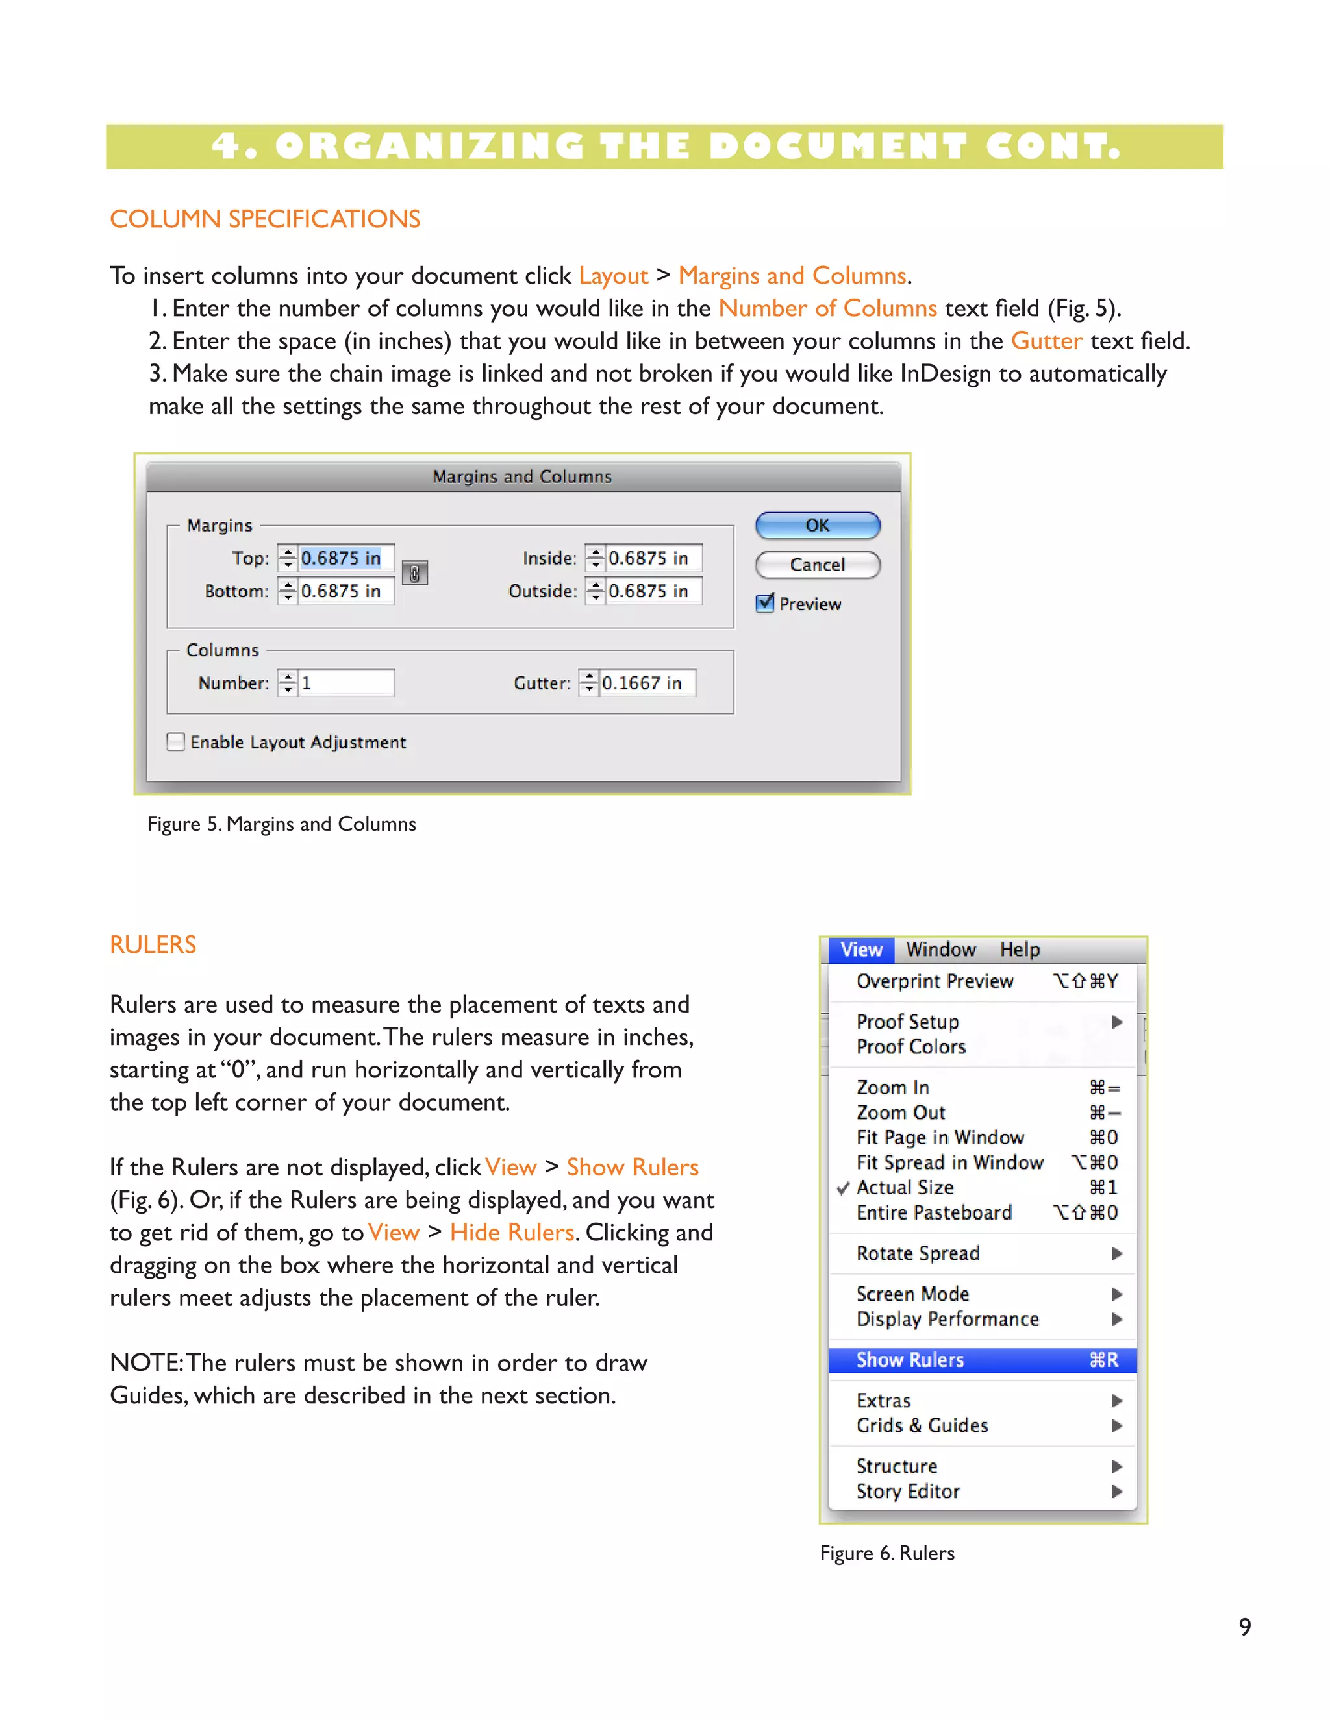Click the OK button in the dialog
tap(817, 525)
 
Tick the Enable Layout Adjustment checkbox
tap(177, 742)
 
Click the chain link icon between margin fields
tap(414, 573)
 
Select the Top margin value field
tap(344, 558)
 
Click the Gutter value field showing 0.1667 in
tap(646, 683)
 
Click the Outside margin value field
tap(653, 591)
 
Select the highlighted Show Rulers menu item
tap(982, 1360)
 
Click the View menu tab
tap(861, 950)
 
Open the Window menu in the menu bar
tap(941, 950)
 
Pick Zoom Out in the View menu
tap(901, 1112)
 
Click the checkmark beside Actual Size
tap(843, 1188)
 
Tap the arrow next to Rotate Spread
tap(1116, 1253)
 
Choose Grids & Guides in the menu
tap(922, 1425)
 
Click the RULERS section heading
tap(153, 944)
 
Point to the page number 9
tap(1245, 1627)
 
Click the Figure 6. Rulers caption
tap(887, 1553)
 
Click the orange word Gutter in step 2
tap(1046, 341)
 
